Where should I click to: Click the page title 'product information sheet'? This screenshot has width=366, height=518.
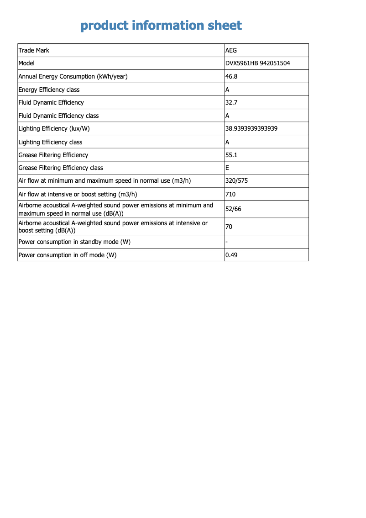[x=161, y=26]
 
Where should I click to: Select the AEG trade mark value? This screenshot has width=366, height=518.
[x=231, y=50]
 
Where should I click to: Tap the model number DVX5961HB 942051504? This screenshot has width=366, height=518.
[x=257, y=63]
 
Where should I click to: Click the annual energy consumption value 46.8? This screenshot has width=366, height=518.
[x=231, y=76]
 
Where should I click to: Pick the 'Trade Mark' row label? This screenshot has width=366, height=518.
[x=34, y=50]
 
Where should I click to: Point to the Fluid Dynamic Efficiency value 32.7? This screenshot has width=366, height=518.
[x=231, y=103]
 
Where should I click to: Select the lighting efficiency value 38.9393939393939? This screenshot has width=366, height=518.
[x=251, y=129]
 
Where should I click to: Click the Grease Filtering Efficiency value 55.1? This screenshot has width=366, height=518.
[x=231, y=155]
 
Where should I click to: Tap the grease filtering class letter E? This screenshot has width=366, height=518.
[x=227, y=168]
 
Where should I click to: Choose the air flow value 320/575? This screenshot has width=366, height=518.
[x=236, y=181]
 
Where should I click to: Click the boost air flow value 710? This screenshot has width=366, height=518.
[x=230, y=195]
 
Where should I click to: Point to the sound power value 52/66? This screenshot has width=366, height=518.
[x=233, y=209]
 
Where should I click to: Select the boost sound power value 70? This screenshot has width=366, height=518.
[x=229, y=227]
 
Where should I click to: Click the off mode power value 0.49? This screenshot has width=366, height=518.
[x=231, y=255]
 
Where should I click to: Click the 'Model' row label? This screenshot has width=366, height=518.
[x=26, y=63]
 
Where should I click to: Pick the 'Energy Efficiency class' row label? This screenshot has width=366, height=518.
[x=49, y=90]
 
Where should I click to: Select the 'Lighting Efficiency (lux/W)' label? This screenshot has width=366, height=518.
[x=54, y=129]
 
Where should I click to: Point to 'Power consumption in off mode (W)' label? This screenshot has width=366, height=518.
[x=67, y=255]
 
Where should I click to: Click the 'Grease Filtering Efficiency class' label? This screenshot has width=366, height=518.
[x=61, y=168]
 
